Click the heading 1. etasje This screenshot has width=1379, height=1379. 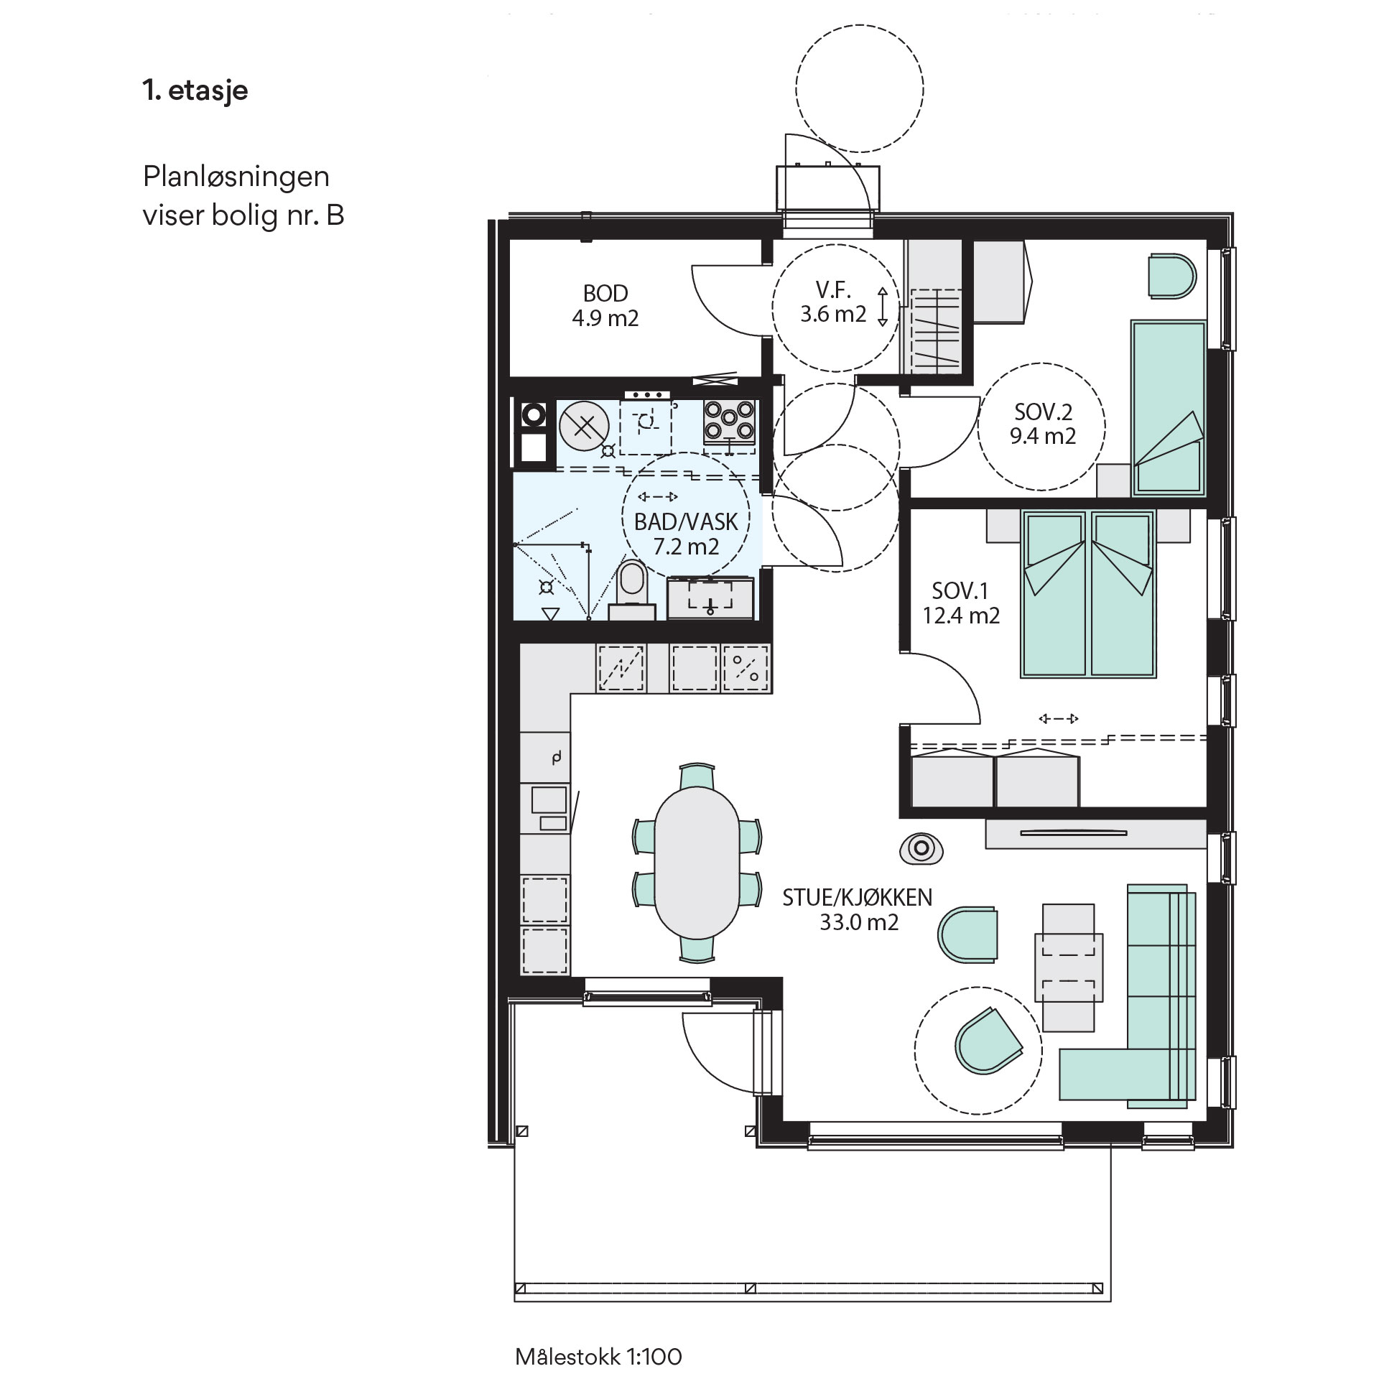pyautogui.click(x=195, y=91)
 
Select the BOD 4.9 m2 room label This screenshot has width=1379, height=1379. pyautogui.click(x=605, y=305)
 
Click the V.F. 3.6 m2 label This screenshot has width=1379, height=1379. pyautogui.click(x=833, y=302)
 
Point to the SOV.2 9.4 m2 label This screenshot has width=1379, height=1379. pyautogui.click(x=1043, y=424)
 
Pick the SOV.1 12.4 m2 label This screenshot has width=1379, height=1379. pyautogui.click(x=961, y=603)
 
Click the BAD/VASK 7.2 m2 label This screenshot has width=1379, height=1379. pyautogui.click(x=686, y=534)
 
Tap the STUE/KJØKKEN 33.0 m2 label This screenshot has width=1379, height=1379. pyautogui.click(x=858, y=909)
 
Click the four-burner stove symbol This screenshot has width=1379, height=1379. pyautogui.click(x=729, y=420)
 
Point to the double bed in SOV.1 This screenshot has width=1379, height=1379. pyautogui.click(x=1088, y=594)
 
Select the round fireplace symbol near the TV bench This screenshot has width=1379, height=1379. pyautogui.click(x=920, y=848)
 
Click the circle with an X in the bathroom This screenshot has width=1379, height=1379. pyautogui.click(x=584, y=427)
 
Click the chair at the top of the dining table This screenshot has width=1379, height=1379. pyautogui.click(x=697, y=776)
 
